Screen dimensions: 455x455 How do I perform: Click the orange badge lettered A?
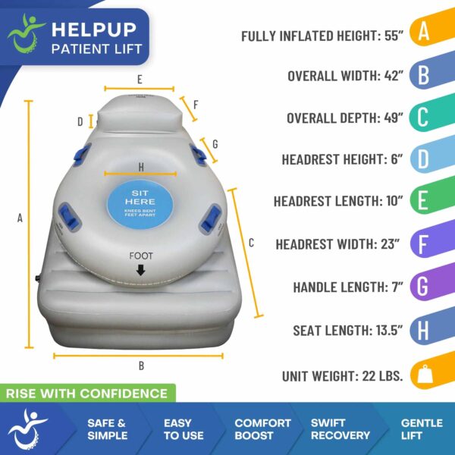pos(424,33)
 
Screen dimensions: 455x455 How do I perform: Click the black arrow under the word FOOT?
pos(140,269)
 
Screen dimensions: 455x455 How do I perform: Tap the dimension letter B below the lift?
pos(141,366)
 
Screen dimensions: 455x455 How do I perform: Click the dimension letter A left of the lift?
pos(20,218)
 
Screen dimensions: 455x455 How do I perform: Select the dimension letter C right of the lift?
pos(251,243)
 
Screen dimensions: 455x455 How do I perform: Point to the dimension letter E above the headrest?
pos(140,79)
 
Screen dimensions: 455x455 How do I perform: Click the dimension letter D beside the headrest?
pos(80,121)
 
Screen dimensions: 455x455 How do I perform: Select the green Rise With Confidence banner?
pos(87,393)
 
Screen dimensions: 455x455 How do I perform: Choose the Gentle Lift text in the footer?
pos(421,428)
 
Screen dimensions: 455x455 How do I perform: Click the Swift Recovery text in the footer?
pos(340,428)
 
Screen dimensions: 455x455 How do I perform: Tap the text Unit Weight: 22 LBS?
pos(342,375)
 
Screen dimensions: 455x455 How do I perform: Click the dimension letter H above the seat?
pos(140,166)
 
